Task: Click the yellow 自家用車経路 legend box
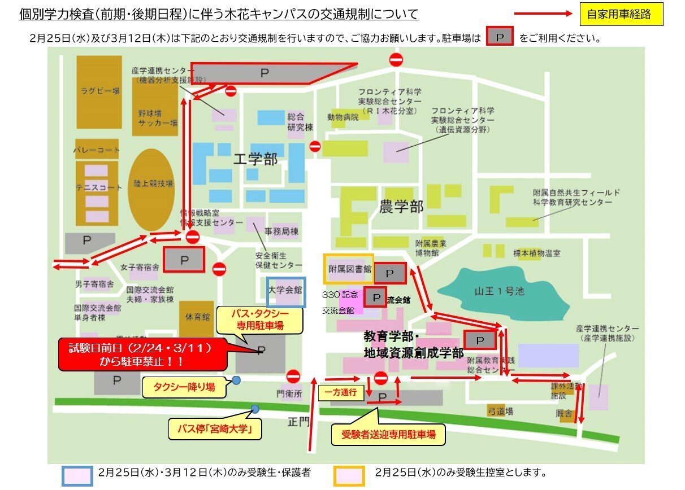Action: (x=621, y=15)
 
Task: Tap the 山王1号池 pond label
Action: (x=500, y=291)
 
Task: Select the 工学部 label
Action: (x=256, y=160)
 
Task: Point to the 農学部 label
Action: (x=401, y=206)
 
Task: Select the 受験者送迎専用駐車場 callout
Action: (x=388, y=435)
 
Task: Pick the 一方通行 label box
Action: (x=341, y=393)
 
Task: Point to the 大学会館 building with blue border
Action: (x=286, y=292)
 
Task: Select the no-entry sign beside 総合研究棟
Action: (x=315, y=147)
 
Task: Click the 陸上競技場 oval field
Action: (x=151, y=183)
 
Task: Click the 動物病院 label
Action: (x=342, y=117)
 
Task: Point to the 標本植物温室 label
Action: (x=537, y=253)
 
